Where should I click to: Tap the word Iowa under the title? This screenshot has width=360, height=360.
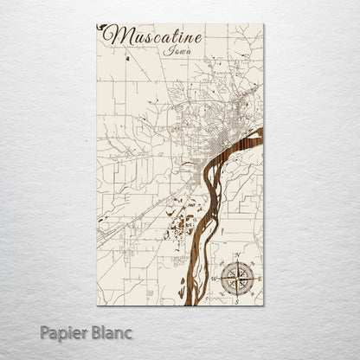coord(172,52)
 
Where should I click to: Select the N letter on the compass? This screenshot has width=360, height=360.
coord(236,255)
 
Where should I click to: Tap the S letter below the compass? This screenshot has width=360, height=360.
coord(236,299)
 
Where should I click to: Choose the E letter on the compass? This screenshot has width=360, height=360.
coord(257,278)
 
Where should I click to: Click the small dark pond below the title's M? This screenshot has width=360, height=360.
coord(126,58)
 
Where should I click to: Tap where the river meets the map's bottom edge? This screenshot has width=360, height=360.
coord(184,303)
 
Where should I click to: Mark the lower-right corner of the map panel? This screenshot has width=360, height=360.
coord(262,305)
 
